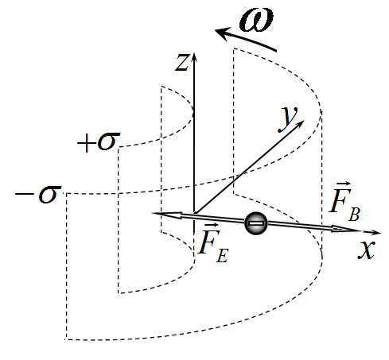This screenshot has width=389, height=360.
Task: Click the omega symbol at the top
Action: point(256,20)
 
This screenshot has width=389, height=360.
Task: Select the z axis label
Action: point(182,63)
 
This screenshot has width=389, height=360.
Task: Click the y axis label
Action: point(288,118)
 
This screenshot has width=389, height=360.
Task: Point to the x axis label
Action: point(367,250)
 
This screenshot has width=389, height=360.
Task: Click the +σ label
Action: point(99,142)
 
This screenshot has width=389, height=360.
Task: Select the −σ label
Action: point(38,194)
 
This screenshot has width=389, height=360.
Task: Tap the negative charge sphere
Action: point(256,223)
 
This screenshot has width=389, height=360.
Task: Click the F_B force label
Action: point(344,202)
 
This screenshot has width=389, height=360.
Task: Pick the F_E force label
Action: point(213,243)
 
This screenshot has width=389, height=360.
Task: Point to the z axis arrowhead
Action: point(194,57)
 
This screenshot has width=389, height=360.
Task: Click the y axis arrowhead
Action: point(300,124)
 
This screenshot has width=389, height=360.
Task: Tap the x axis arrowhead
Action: point(375,232)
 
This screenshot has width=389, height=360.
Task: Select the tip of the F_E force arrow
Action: point(152,213)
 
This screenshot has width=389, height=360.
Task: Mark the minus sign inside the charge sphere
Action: point(256,224)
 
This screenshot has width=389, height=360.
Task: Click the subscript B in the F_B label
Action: point(354,215)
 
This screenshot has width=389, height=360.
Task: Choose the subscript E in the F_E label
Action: point(222,256)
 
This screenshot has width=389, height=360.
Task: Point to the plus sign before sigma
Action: point(86,144)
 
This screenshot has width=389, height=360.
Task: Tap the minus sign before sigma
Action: point(25,194)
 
